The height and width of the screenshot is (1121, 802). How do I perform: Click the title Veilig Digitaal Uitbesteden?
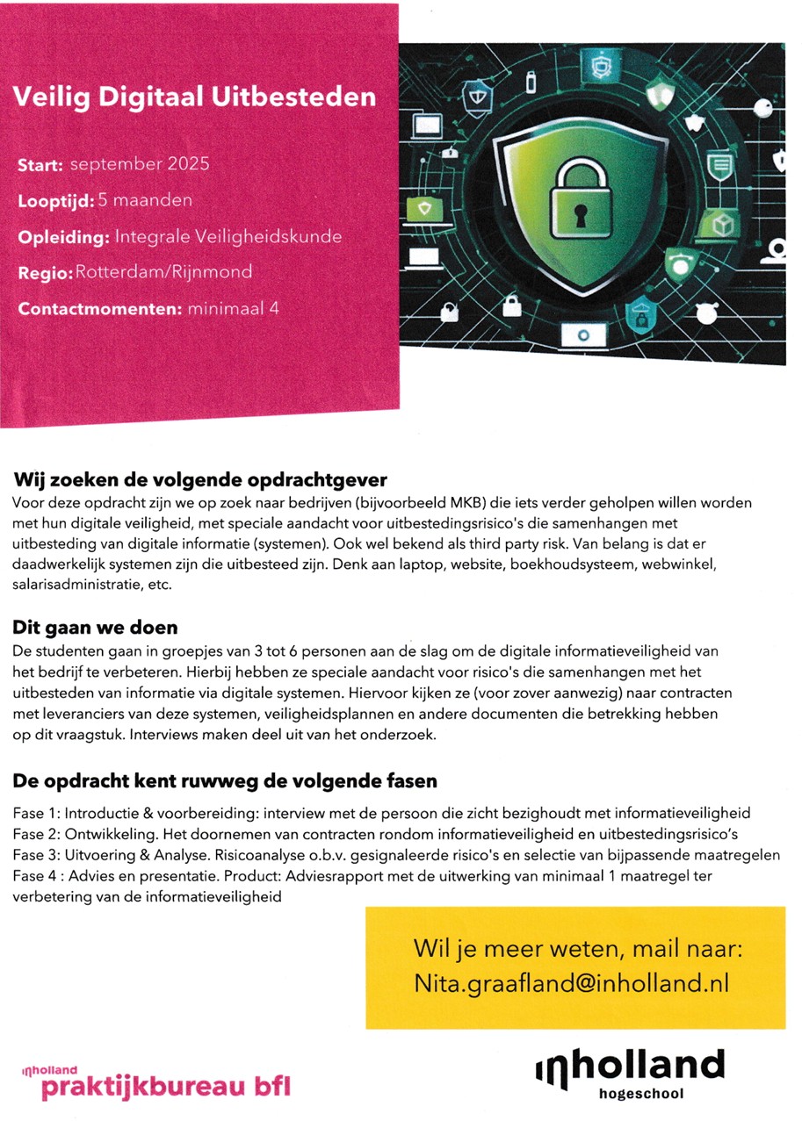click(x=194, y=96)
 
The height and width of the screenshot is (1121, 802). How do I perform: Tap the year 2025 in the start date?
click(x=189, y=164)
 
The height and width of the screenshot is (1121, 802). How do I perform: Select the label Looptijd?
click(x=55, y=201)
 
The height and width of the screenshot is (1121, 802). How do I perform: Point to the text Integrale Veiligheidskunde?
click(x=228, y=237)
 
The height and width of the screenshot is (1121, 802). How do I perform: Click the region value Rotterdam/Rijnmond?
click(x=164, y=272)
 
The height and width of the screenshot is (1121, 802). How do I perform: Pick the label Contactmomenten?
click(x=99, y=308)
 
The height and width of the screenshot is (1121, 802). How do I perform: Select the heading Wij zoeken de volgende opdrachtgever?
click(x=200, y=481)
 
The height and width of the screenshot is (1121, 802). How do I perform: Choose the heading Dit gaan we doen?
click(x=95, y=628)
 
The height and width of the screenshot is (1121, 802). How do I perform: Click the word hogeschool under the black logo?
click(x=640, y=1094)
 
